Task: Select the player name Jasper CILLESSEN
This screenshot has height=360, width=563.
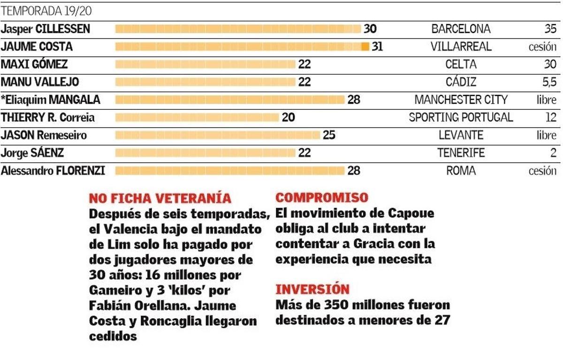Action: pyautogui.click(x=45, y=29)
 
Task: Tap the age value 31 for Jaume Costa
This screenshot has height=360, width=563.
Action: pyautogui.click(x=377, y=47)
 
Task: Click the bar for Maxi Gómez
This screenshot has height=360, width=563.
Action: pyautogui.click(x=205, y=64)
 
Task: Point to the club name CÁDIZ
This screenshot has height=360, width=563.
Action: pyautogui.click(x=461, y=82)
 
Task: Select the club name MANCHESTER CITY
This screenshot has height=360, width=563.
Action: pyautogui.click(x=461, y=100)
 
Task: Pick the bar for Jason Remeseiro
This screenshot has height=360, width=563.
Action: pyautogui.click(x=218, y=135)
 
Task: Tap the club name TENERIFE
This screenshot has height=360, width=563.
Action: pyautogui.click(x=461, y=153)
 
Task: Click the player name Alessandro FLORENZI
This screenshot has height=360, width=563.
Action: pyautogui.click(x=53, y=171)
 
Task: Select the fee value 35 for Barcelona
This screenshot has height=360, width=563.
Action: pyautogui.click(x=550, y=29)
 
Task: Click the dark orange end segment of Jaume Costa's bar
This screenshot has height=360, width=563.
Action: pyautogui.click(x=365, y=47)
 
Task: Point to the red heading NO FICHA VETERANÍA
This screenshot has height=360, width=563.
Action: pyautogui.click(x=160, y=198)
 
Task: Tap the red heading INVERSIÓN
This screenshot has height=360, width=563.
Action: pyautogui.click(x=312, y=289)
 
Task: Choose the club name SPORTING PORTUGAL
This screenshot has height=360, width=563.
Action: pyautogui.click(x=461, y=117)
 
